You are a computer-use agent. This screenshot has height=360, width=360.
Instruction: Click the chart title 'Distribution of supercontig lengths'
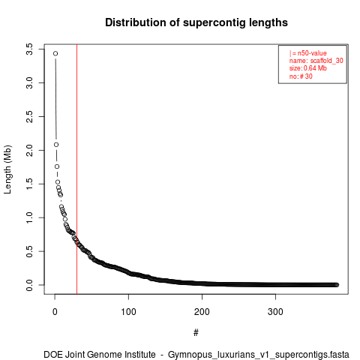pyautogui.click(x=196, y=22)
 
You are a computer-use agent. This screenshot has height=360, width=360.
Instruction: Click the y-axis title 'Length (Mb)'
pyautogui.click(x=7, y=169)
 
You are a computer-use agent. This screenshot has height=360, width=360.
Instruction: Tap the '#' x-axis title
pyautogui.click(x=196, y=332)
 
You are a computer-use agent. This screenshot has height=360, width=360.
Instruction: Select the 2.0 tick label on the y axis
pyautogui.click(x=29, y=150)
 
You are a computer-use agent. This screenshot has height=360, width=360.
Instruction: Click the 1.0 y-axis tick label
pyautogui.click(x=29, y=217)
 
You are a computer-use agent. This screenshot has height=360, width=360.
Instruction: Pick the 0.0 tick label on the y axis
pyautogui.click(x=29, y=285)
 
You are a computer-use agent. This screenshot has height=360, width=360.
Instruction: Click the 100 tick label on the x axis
pyautogui.click(x=128, y=312)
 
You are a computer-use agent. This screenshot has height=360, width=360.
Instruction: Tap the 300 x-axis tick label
pyautogui.click(x=275, y=312)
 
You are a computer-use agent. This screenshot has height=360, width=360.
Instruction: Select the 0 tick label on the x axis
pyautogui.click(x=55, y=312)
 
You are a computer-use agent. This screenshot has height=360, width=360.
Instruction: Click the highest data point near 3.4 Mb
pyautogui.click(x=55, y=53)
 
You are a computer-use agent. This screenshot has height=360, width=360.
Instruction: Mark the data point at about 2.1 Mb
pyautogui.click(x=56, y=145)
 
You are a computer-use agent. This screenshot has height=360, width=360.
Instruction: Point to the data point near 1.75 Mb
pyautogui.click(x=57, y=166)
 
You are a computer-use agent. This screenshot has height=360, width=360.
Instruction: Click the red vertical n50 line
pyautogui.click(x=76, y=169)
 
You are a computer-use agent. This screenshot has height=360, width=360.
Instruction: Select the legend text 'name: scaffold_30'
pyautogui.click(x=316, y=61)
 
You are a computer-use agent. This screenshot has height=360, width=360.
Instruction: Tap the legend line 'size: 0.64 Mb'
pyautogui.click(x=308, y=68)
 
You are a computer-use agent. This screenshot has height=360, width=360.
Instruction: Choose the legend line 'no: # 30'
pyautogui.click(x=301, y=76)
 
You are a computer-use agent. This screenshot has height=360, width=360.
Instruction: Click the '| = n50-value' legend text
pyautogui.click(x=308, y=53)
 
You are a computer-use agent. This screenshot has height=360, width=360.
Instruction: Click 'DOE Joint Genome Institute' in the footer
pyautogui.click(x=100, y=355)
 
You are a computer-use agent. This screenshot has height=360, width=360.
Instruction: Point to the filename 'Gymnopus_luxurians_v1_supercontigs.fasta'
pyautogui.click(x=259, y=355)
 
